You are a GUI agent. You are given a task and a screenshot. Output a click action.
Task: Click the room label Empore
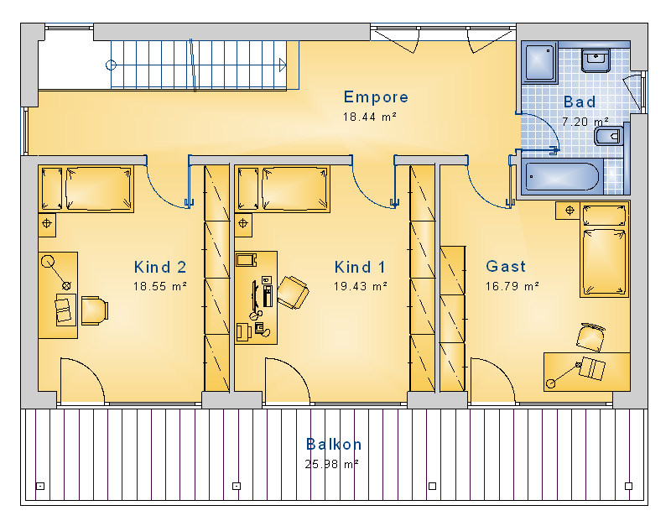coord(376,97)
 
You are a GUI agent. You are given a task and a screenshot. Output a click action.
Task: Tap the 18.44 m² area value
coord(369,117)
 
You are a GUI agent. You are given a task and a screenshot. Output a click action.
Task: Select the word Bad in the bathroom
coord(580,102)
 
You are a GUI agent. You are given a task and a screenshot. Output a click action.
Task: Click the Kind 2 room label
coord(160,267)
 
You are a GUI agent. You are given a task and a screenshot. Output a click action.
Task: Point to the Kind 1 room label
coord(360,267)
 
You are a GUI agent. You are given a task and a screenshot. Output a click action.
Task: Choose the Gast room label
coord(506,266)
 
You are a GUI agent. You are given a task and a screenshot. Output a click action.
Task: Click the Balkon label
coord(334,444)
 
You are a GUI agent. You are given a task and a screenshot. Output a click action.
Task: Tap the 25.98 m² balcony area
coord(331,464)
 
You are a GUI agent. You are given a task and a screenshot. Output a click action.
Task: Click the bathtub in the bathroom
coord(561,176)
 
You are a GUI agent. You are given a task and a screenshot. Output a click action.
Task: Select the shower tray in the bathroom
coord(540,62)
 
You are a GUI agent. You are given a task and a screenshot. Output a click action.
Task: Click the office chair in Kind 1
coord(293,293)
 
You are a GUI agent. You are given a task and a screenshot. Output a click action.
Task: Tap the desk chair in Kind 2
coord(95,310)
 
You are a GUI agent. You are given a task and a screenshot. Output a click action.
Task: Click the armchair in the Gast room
coord(590,337)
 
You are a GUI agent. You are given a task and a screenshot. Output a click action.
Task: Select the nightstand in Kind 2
coord(47,224)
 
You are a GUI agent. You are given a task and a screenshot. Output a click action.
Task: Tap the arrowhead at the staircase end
coord(283,65)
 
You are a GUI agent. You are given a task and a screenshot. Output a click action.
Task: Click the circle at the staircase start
coord(111,65)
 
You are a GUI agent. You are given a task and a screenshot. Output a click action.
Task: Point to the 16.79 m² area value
coord(512,286)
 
